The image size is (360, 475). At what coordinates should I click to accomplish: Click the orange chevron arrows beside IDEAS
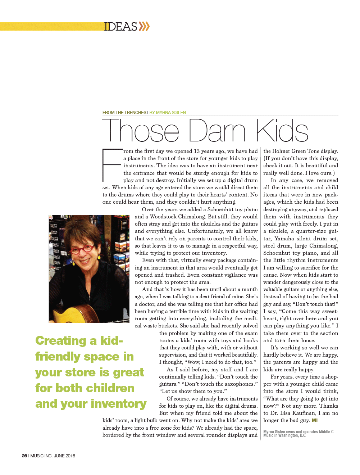tap(144, 26)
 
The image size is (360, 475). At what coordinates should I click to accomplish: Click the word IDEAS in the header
tap(120, 27)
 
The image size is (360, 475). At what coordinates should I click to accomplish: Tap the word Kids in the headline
tap(282, 130)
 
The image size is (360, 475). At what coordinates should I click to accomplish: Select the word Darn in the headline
tap(217, 130)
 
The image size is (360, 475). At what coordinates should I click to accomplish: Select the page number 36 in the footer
tap(24, 456)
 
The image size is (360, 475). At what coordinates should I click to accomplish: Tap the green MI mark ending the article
tap(315, 420)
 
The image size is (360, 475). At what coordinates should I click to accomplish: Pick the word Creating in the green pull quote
tap(61, 340)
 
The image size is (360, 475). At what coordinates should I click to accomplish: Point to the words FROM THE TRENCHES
tap(124, 113)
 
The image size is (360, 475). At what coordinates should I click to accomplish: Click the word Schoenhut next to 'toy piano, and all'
tap(277, 253)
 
